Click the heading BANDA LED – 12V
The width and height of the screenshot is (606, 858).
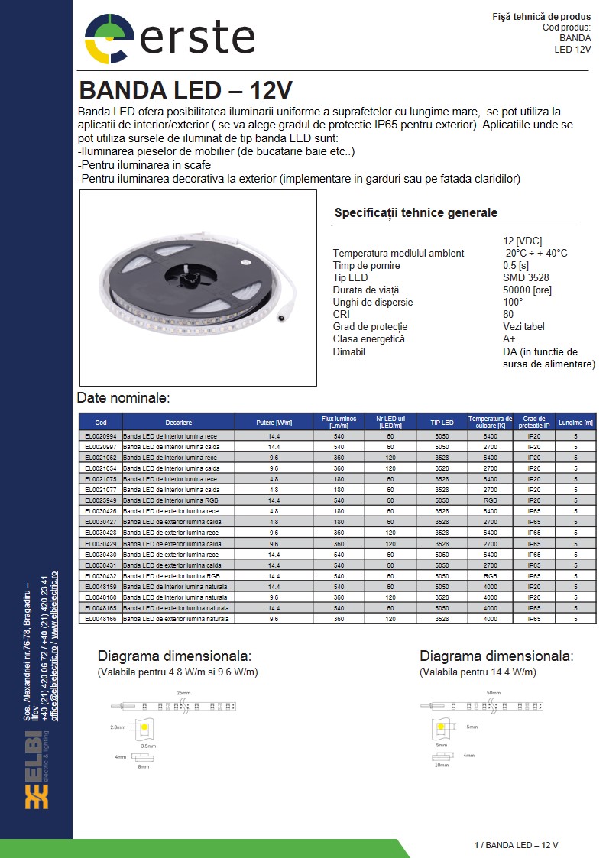coord(185,90)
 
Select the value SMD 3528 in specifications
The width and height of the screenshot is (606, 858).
coord(526,277)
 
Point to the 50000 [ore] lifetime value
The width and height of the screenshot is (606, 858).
coord(527,290)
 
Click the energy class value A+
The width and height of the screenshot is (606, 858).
coord(509,338)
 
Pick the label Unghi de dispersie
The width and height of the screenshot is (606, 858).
coord(372,302)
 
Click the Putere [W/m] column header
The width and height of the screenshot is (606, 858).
coord(274,423)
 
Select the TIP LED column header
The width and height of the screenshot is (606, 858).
coord(442,423)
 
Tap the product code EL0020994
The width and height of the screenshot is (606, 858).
coord(101,435)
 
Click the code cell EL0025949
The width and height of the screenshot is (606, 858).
coord(101,500)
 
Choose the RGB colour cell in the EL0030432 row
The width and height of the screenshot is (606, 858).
coord(490,575)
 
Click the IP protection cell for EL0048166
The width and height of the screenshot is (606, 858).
coord(534,618)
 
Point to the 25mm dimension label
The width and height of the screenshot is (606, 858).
coord(183,692)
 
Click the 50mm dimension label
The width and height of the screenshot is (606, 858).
coord(493,692)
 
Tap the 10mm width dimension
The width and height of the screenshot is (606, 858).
coord(442,765)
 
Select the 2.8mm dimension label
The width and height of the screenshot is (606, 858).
coord(117,727)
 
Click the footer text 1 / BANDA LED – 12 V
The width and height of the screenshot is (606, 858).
coord(516,845)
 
